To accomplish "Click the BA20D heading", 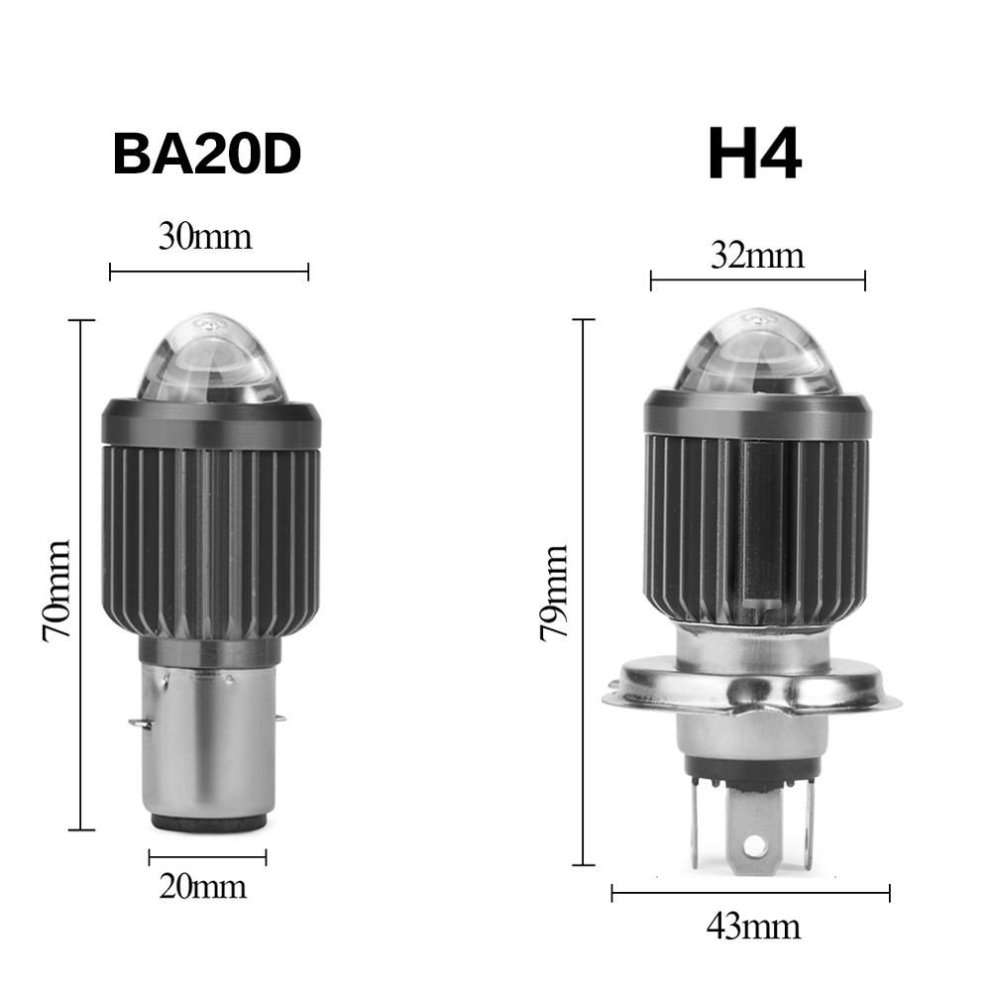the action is tap(207, 155).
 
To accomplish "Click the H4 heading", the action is tap(754, 154).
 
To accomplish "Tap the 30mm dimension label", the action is tap(205, 237).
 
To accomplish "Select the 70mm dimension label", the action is tap(56, 591).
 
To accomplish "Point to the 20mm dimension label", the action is tap(202, 886).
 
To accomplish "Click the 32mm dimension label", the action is tap(757, 256).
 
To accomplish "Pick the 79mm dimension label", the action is tap(554, 593).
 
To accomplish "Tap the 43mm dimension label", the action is tap(753, 927).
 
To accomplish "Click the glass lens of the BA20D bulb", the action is tap(212, 360).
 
